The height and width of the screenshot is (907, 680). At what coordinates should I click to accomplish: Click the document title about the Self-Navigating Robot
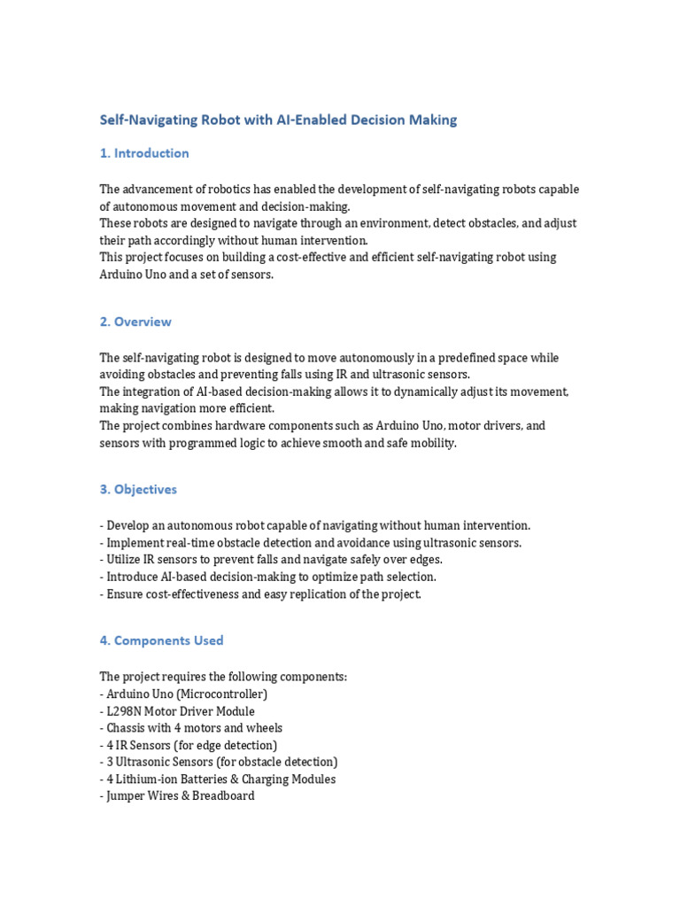278,120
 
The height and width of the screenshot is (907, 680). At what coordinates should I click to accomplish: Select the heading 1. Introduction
144,153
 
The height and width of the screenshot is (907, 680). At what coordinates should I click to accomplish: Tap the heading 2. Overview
135,322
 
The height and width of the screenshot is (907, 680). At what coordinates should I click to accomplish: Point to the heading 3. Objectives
138,489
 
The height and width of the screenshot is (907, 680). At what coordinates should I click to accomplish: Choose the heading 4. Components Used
161,640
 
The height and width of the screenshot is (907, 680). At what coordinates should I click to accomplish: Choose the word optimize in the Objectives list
325,577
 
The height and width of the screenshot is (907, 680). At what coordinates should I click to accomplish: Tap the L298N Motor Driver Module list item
180,711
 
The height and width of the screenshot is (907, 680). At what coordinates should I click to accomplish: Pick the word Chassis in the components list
125,728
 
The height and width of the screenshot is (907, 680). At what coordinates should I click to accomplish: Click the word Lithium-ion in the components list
146,779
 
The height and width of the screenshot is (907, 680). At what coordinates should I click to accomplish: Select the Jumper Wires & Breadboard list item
180,796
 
